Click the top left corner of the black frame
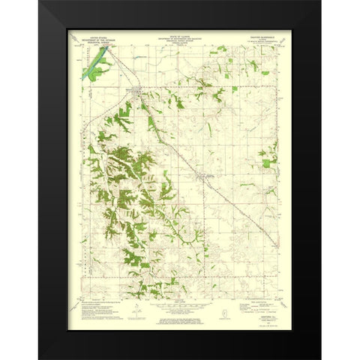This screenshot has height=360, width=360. point(40,2)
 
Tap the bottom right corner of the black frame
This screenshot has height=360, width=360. point(320,358)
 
